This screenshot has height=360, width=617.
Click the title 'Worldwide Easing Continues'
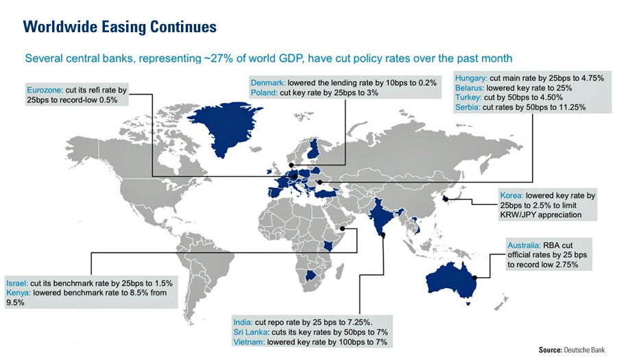(120, 26)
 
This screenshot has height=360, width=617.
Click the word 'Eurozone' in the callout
(45, 90)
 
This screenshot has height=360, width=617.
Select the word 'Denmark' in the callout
(269, 82)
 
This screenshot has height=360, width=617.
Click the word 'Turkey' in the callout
(468, 98)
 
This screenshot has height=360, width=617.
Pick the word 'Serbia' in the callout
(468, 108)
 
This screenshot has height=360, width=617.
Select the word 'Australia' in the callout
(524, 245)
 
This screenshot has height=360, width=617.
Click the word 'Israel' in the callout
(16, 283)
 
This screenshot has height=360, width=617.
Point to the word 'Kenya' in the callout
(19, 292)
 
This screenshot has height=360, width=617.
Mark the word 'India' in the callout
(243, 322)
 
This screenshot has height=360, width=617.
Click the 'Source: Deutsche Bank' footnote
(572, 350)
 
